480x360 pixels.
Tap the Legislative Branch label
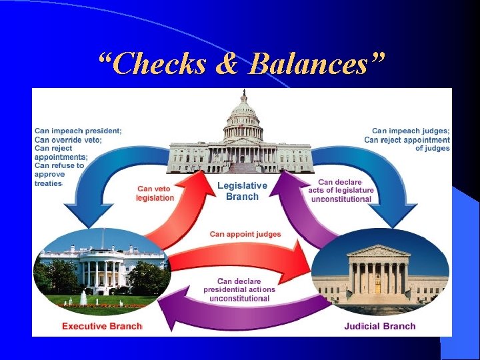click(x=242, y=191)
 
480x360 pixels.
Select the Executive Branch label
click(x=101, y=326)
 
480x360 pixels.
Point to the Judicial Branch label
click(x=379, y=326)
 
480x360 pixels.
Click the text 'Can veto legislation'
click(x=155, y=193)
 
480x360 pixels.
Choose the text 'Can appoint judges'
click(x=245, y=234)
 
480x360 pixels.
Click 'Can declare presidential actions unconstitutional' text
click(x=239, y=290)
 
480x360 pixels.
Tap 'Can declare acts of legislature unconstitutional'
click(x=341, y=191)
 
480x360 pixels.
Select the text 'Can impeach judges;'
click(x=411, y=131)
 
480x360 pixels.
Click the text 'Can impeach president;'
click(x=78, y=131)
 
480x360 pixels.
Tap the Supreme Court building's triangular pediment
click(x=378, y=251)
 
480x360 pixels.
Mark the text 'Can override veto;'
click(x=68, y=140)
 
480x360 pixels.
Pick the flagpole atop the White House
click(x=103, y=237)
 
